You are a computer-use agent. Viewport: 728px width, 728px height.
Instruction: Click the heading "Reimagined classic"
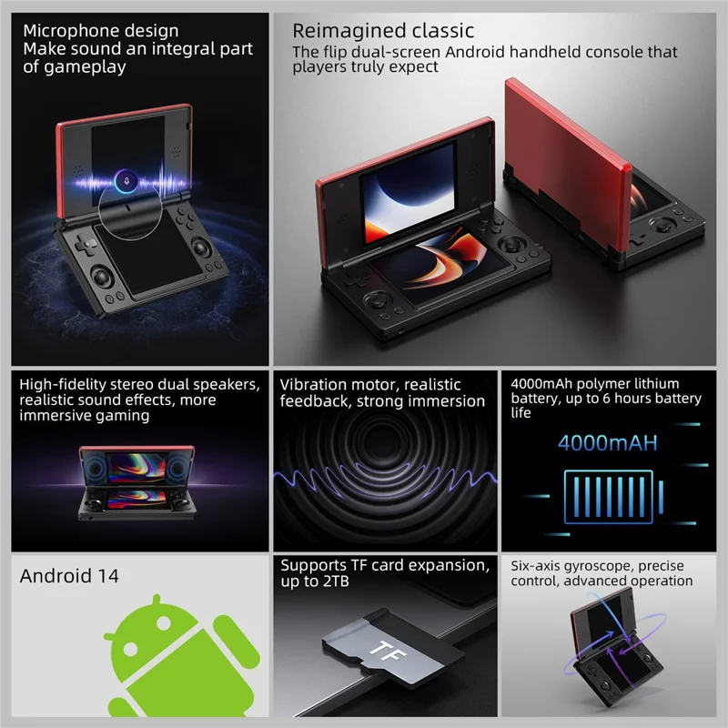coord(382,32)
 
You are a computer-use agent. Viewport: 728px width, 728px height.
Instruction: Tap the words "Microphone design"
coord(100,32)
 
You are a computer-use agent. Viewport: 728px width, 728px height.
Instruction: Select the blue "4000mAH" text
coord(609,445)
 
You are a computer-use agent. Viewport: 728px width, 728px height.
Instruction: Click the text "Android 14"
coord(69,575)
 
